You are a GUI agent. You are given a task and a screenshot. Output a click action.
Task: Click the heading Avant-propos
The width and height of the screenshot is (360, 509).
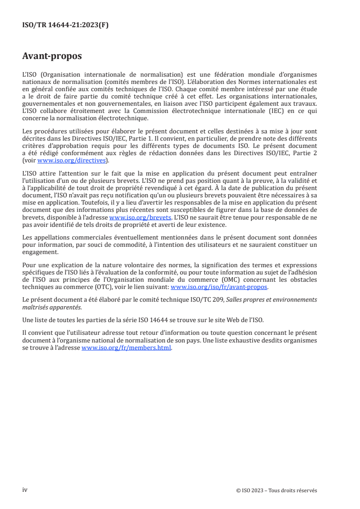(x=52, y=56)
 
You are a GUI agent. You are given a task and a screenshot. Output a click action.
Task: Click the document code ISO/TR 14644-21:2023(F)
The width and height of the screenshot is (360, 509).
(x=65, y=25)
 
